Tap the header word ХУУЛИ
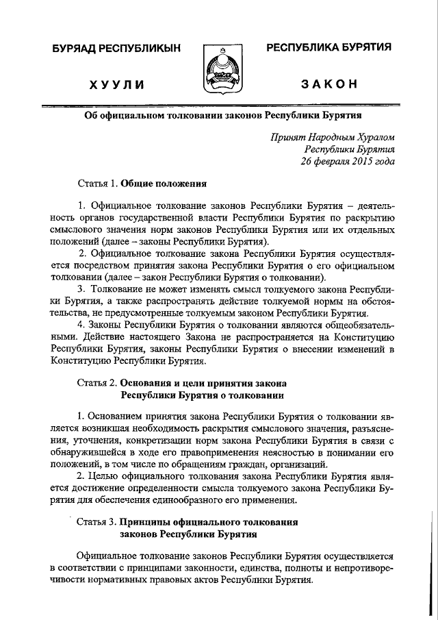(116, 84)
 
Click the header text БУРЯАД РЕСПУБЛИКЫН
(116, 48)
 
